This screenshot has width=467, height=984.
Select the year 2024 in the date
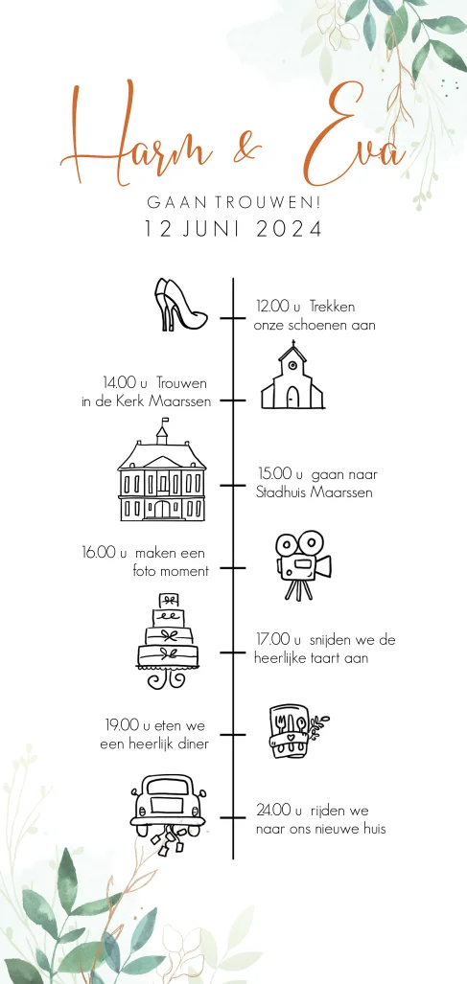pyautogui.click(x=289, y=229)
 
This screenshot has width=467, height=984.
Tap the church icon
pyautogui.click(x=292, y=376)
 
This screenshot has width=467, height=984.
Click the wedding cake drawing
pyautogui.click(x=168, y=640)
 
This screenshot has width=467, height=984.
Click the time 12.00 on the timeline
pyautogui.click(x=272, y=307)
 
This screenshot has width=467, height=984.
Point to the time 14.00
pyautogui.click(x=119, y=382)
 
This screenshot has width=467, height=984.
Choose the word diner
pyautogui.click(x=193, y=744)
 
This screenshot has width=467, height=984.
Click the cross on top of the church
pyautogui.click(x=293, y=344)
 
